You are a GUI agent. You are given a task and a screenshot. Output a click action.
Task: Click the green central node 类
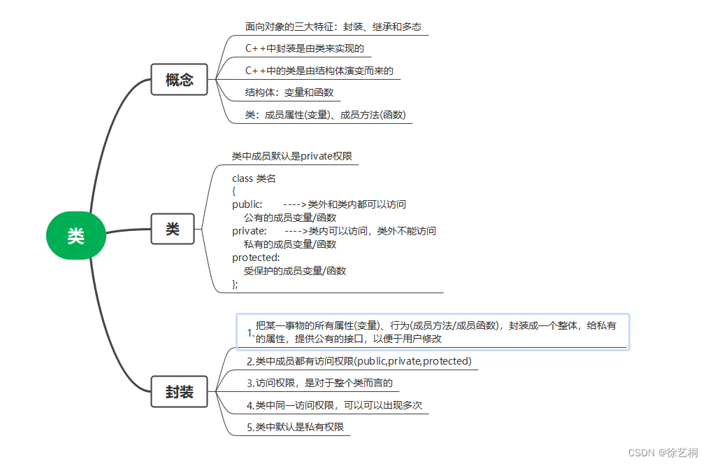[75, 236]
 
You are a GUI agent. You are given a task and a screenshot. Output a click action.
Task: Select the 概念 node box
[179, 80]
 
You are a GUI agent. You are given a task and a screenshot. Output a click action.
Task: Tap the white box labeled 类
[172, 229]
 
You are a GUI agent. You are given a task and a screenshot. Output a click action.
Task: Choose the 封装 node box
[179, 392]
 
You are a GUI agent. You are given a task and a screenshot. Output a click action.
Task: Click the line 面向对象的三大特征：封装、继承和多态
[333, 27]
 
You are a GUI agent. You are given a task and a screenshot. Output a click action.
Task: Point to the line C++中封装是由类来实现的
[305, 49]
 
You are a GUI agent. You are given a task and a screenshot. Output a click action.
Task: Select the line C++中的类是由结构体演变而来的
[319, 71]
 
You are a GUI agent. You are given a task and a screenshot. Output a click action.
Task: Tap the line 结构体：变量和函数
[289, 92]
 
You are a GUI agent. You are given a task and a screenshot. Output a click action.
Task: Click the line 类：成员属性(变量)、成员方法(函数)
[326, 115]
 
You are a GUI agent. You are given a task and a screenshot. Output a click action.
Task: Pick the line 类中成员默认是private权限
[291, 156]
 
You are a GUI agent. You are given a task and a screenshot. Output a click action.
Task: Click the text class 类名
[254, 178]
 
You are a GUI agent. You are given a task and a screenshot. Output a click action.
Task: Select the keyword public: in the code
[247, 204]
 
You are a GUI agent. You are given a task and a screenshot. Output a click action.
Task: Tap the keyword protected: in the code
[256, 258]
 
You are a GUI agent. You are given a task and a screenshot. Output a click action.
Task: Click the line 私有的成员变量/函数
[290, 244]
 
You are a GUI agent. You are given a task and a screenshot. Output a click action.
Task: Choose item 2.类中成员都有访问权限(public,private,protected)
[359, 361]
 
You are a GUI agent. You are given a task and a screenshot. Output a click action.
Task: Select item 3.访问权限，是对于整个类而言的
[319, 383]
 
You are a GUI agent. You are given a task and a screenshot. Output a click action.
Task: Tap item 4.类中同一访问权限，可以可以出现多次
[334, 405]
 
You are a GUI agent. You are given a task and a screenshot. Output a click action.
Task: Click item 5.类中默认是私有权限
[295, 427]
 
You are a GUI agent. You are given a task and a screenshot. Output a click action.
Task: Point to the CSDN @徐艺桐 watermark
[663, 453]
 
